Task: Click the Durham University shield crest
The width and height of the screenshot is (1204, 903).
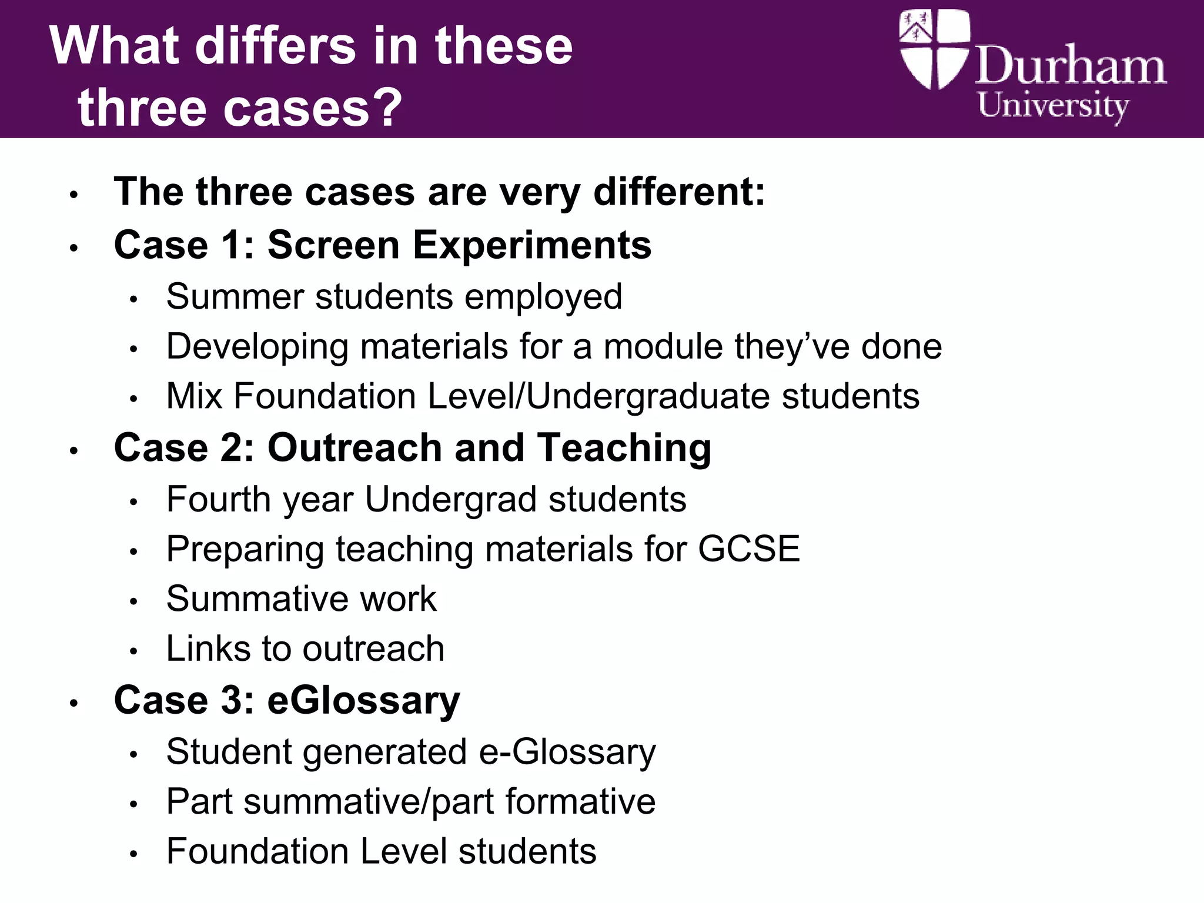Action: pyautogui.click(x=934, y=49)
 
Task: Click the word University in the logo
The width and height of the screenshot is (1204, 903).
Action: pyautogui.click(x=1052, y=106)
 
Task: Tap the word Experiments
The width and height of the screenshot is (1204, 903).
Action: pyautogui.click(x=532, y=246)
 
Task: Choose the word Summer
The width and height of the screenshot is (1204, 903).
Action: pyautogui.click(x=235, y=296)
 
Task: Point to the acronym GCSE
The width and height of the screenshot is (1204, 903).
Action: pyautogui.click(x=748, y=549)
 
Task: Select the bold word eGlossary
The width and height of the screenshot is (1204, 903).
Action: pyautogui.click(x=363, y=701)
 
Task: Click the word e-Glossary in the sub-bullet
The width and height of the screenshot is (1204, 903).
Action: pyautogui.click(x=567, y=752)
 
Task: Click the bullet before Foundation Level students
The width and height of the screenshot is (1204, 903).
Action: pyautogui.click(x=134, y=854)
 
